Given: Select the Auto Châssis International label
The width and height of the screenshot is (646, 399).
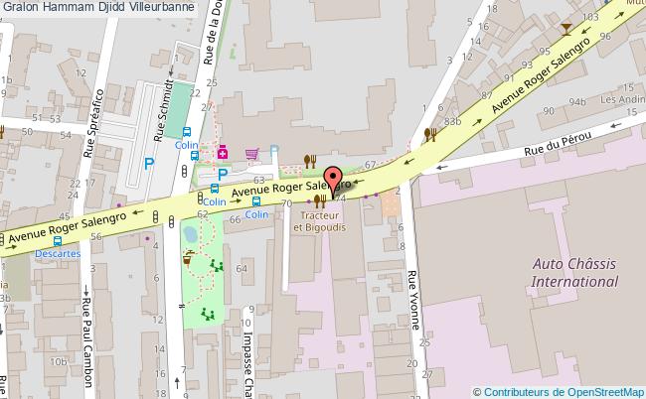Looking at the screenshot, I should click(x=575, y=272).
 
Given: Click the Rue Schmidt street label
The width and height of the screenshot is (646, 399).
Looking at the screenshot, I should click(x=161, y=109).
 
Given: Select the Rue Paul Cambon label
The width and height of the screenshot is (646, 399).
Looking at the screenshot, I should click(x=86, y=336).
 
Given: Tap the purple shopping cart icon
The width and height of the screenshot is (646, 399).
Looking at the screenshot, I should click(x=252, y=153).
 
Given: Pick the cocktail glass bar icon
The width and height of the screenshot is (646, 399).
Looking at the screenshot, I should click(x=566, y=29).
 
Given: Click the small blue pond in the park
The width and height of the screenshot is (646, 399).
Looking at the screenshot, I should click(x=190, y=235).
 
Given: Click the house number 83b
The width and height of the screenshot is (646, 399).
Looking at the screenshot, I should click(x=454, y=121).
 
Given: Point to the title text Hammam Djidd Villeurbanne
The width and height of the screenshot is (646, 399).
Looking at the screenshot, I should click(x=112, y=7).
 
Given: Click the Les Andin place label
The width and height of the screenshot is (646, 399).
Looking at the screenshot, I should click(x=621, y=100).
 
